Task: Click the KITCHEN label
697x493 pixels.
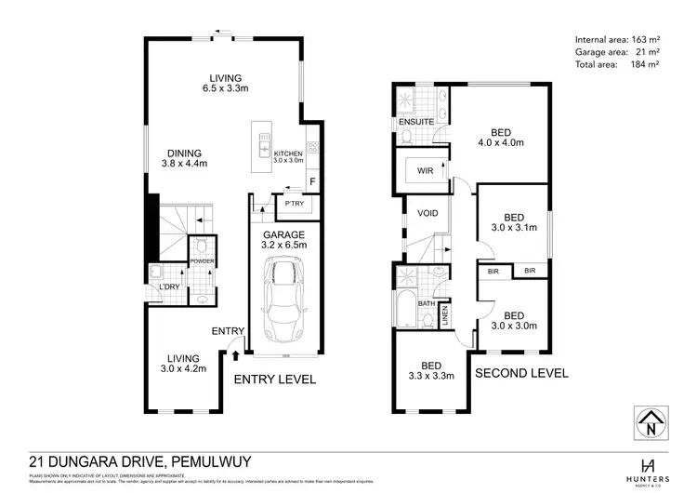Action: [288, 153]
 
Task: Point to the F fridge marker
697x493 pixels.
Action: [313, 181]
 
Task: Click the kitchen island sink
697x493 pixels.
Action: [265, 152]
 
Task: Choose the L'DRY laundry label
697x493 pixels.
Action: [169, 287]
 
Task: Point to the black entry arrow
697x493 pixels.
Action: [235, 354]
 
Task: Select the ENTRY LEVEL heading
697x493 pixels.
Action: [274, 380]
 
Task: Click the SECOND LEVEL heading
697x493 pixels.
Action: [521, 373]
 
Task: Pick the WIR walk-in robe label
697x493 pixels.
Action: [424, 170]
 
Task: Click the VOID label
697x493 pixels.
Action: [427, 213]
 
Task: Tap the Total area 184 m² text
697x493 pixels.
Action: [617, 64]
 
